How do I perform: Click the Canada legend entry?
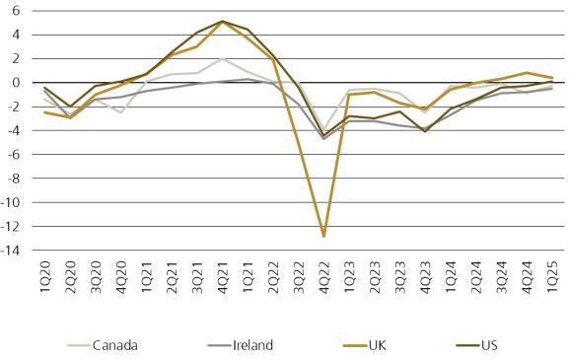pos(114,344)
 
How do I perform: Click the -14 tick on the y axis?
pos(9,250)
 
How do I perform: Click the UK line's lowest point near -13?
pos(323,236)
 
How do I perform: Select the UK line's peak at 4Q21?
pos(222,22)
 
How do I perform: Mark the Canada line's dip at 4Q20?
pos(121,112)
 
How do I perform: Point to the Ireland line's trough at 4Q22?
pos(323,138)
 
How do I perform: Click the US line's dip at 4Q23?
pos(425,130)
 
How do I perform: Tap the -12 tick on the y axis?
pos(9,226)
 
